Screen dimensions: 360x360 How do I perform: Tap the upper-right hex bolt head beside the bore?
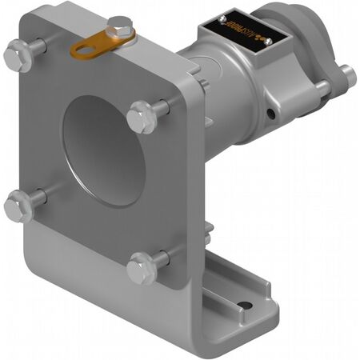pos(142,117)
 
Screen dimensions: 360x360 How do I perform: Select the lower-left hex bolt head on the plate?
pos(18,206)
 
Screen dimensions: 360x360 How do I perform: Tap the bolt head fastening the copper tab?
pos(121,28)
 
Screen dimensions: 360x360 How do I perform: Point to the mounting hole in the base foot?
pos(245,305)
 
